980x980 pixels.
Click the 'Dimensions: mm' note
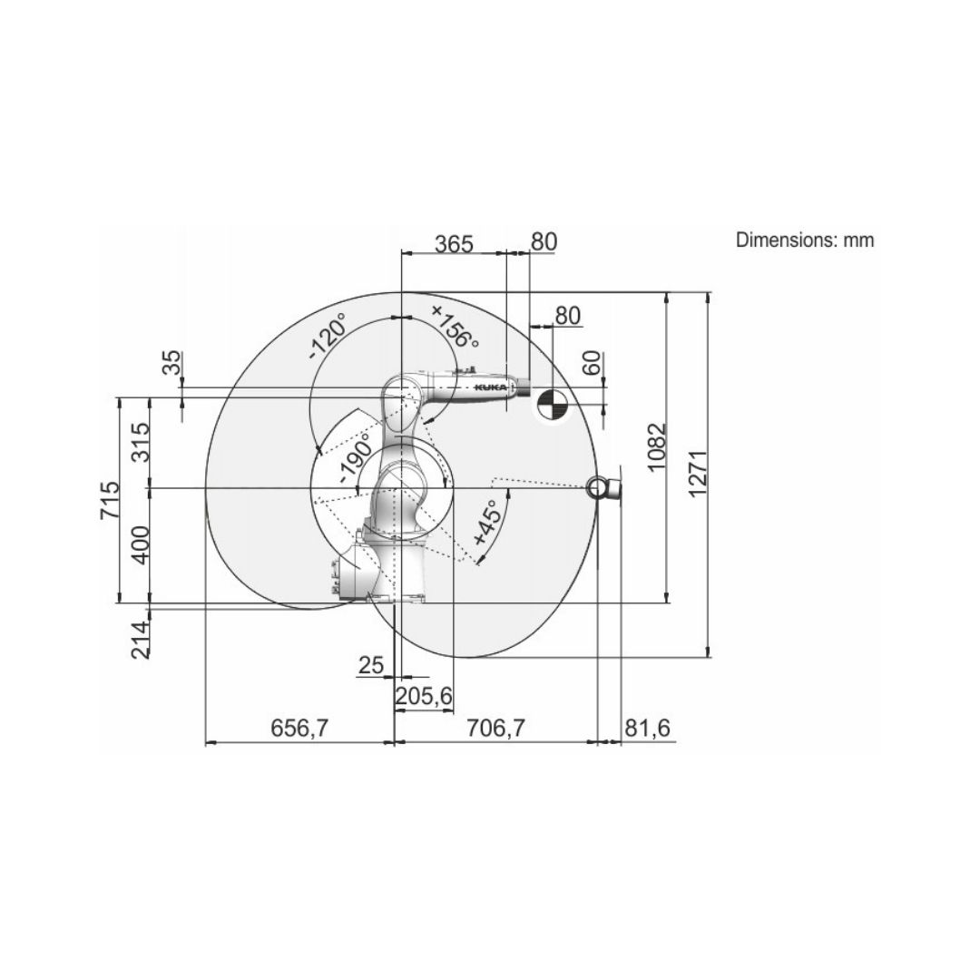(x=804, y=240)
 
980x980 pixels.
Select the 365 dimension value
(x=455, y=244)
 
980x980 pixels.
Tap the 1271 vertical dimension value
(x=697, y=473)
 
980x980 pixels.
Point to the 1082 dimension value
(x=657, y=448)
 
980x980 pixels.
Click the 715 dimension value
(x=110, y=500)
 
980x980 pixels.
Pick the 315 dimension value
(x=142, y=443)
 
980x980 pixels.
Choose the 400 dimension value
(x=142, y=544)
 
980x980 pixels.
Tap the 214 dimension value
(x=142, y=640)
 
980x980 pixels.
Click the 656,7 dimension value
(x=299, y=728)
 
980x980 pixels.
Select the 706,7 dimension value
(x=496, y=728)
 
